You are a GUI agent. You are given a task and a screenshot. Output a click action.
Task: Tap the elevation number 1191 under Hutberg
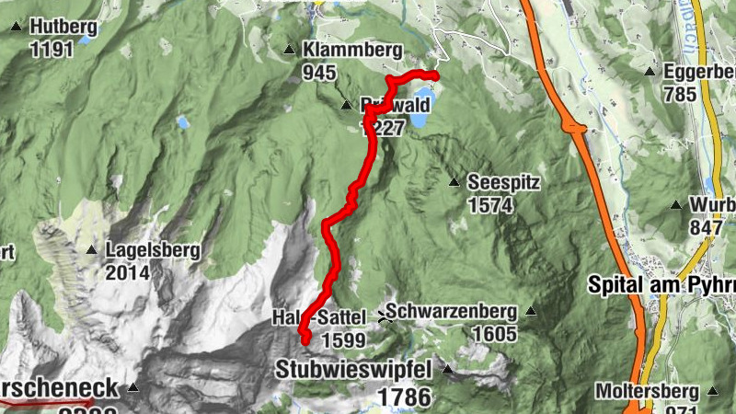pos(52,49)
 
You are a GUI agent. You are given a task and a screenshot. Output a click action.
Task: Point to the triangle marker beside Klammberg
pos(289,50)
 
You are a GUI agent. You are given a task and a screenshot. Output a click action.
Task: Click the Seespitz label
pos(502,183)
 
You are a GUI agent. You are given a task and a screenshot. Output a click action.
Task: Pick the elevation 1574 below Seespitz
pos(489,205)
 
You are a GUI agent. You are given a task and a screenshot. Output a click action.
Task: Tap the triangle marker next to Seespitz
pos(454,183)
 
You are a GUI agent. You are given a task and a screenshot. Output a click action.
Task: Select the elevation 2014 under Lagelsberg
pos(128,272)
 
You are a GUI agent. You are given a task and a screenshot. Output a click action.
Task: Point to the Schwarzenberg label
pos(453,313)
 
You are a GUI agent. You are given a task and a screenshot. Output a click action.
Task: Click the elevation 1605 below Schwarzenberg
pos(497,335)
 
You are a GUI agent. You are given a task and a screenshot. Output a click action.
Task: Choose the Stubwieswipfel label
pos(354,371)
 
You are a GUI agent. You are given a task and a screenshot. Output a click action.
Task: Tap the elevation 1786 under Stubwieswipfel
pos(403,397)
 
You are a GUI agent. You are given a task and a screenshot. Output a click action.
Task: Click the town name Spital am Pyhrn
pos(661,285)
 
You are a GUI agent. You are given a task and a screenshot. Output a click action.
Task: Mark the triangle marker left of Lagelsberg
pos(91,249)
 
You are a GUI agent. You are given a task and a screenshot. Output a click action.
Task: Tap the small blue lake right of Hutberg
pos(86,40)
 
